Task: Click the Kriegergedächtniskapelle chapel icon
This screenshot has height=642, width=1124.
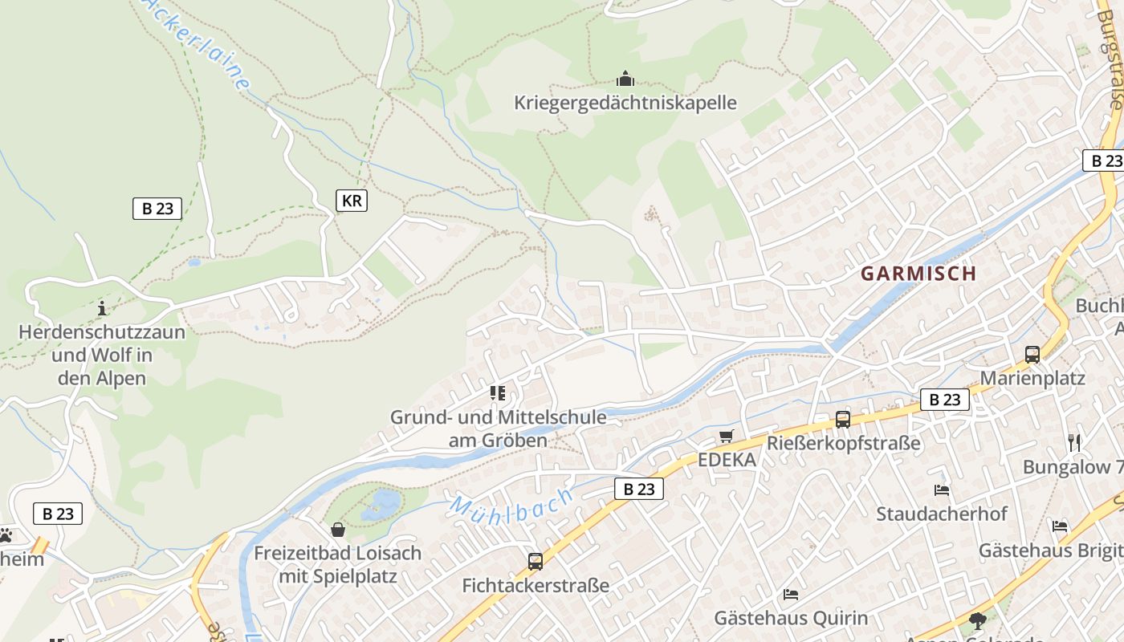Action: point(625,79)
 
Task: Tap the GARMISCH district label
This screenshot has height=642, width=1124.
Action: point(918,273)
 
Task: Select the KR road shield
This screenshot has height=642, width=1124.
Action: point(351,201)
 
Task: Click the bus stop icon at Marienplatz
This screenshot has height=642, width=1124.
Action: point(1032,354)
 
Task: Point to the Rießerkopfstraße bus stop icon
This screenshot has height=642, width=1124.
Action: point(842,419)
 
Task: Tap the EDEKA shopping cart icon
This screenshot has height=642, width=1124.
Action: point(726,436)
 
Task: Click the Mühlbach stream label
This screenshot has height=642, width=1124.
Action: point(511,503)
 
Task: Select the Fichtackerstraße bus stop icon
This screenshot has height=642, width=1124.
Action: point(535,561)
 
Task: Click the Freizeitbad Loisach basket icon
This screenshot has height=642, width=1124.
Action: point(338,530)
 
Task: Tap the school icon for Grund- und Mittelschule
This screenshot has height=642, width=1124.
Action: point(498,393)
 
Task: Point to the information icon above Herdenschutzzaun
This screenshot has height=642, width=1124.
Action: point(101,308)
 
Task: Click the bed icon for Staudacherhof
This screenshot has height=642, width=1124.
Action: point(941,490)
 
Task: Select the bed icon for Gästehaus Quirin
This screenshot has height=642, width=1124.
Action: point(791,595)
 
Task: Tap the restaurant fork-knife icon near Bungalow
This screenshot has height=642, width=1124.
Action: point(1074,442)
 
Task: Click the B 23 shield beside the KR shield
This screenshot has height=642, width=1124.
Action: point(157,209)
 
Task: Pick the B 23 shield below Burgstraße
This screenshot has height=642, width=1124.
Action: point(1103,160)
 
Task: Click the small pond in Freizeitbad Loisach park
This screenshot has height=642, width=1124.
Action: point(382,505)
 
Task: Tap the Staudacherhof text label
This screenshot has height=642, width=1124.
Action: point(941,514)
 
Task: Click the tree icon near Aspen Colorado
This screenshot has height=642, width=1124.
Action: point(977,620)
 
